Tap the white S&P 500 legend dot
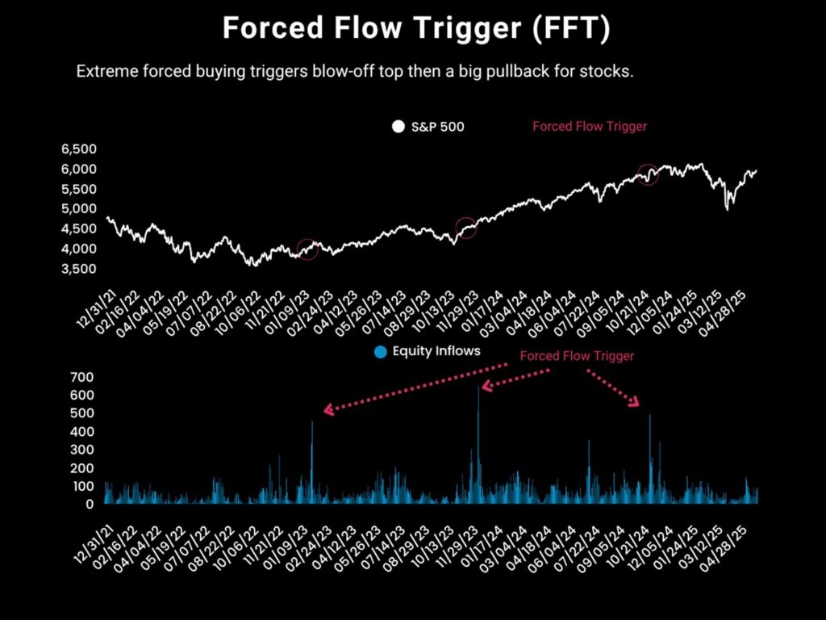click(398, 127)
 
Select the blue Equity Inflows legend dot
click(381, 352)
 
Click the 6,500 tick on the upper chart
click(79, 149)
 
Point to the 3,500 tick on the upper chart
click(79, 269)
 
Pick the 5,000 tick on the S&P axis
click(79, 209)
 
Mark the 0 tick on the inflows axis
click(90, 504)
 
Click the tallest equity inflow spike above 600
click(479, 390)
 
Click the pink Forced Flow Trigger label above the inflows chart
click(577, 356)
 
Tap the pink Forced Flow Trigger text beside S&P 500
click(590, 127)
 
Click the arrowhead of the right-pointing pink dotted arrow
click(634, 402)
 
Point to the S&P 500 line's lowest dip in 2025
click(728, 209)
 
